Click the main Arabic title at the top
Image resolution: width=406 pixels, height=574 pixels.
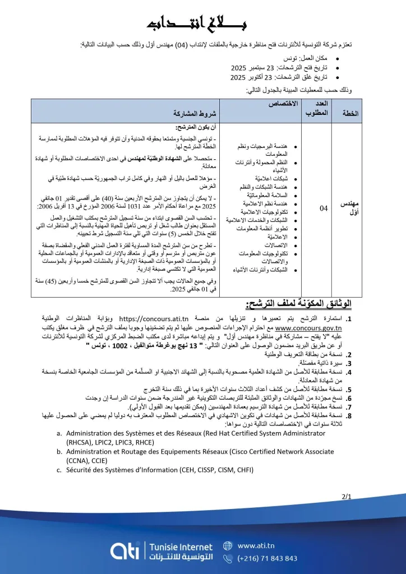click(x=202, y=24)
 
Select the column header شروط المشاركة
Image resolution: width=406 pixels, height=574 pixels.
click(x=188, y=113)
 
